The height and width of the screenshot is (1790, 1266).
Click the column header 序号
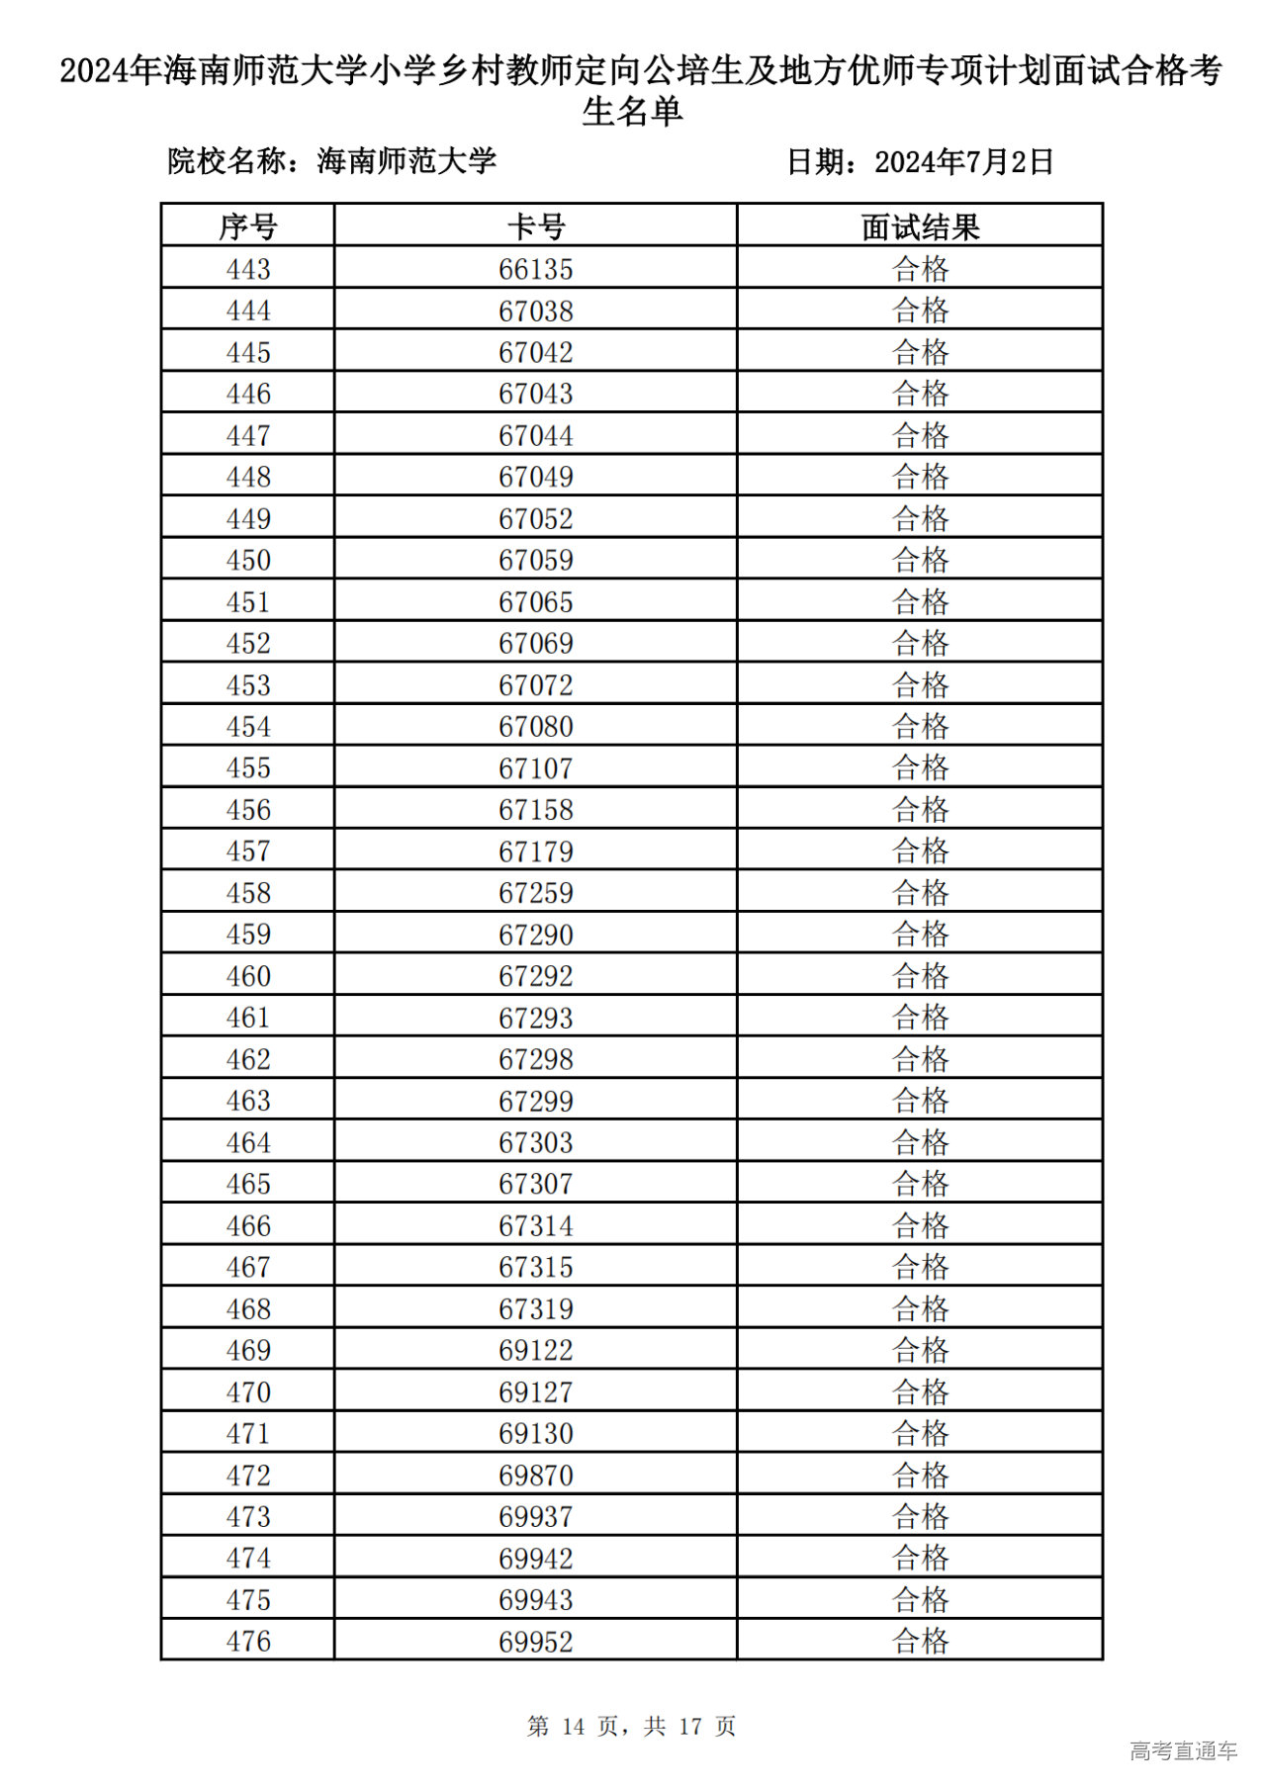click(x=247, y=226)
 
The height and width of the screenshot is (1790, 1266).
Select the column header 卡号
click(x=535, y=226)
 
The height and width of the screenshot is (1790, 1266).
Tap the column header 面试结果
click(x=920, y=226)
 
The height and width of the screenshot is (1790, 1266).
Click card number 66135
click(x=535, y=269)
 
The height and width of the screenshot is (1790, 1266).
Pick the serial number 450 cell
click(x=247, y=560)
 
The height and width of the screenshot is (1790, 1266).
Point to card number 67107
click(x=535, y=768)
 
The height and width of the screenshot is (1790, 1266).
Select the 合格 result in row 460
click(x=920, y=976)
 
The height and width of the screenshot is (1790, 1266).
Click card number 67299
click(x=535, y=1101)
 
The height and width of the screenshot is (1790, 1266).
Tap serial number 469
click(x=247, y=1350)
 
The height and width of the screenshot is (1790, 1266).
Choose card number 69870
click(x=535, y=1476)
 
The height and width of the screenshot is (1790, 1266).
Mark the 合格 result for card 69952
click(x=920, y=1642)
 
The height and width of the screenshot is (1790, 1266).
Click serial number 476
click(x=247, y=1642)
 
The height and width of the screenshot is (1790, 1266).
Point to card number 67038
click(x=535, y=311)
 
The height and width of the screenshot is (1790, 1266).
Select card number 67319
click(x=535, y=1308)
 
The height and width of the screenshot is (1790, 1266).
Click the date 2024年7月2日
click(x=964, y=161)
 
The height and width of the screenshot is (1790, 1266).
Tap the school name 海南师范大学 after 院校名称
click(x=407, y=160)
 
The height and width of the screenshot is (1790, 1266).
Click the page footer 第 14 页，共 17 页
click(x=631, y=1726)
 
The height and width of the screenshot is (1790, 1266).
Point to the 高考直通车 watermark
click(x=1183, y=1750)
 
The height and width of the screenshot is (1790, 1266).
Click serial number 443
click(x=247, y=269)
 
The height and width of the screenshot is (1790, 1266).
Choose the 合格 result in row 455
click(x=920, y=768)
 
